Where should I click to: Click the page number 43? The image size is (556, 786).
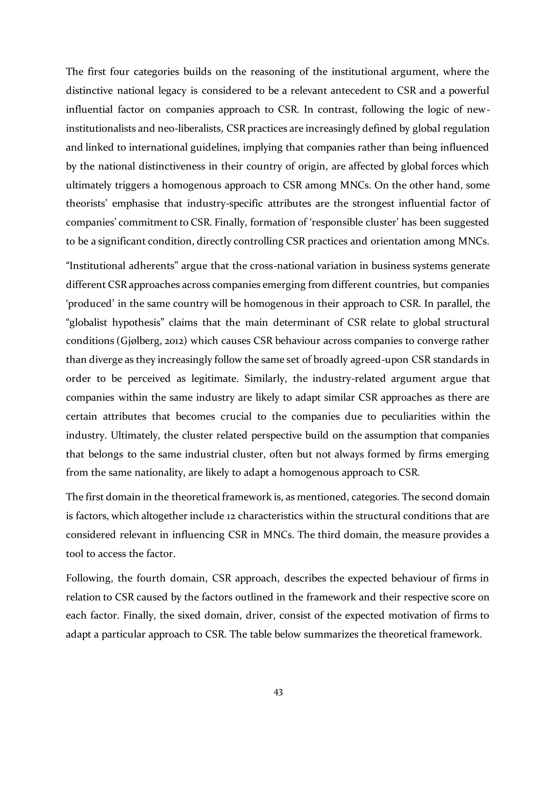tap(278, 692)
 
